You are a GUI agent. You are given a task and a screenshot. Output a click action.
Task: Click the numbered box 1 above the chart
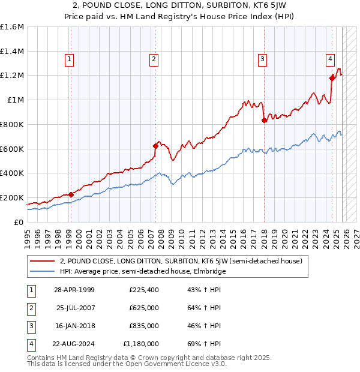70,59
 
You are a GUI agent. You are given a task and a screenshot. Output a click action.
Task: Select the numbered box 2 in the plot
154,59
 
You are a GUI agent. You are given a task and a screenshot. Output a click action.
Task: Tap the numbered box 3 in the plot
263,59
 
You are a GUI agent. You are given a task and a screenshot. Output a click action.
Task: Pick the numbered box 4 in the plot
331,59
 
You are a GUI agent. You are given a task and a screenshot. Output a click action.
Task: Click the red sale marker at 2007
155,145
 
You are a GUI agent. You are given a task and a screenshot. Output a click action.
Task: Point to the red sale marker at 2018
264,120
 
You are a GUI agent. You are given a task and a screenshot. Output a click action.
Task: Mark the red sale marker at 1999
71,194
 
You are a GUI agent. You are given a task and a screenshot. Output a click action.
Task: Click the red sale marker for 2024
332,77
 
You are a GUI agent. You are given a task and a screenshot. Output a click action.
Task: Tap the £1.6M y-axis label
12,27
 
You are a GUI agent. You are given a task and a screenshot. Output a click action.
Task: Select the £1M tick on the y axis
15,100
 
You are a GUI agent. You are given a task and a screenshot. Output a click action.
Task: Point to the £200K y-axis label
12,197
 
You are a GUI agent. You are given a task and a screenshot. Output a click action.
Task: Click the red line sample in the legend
42,261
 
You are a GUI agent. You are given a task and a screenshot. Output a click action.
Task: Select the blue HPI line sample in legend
42,271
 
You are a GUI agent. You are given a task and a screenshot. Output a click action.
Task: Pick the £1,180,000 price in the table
140,344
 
